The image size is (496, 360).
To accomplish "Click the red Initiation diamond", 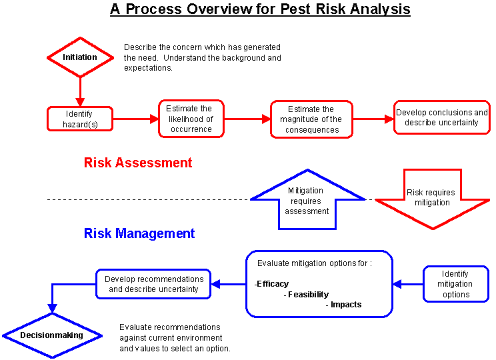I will [80, 57].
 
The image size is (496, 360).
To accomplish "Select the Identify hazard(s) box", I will [79, 119].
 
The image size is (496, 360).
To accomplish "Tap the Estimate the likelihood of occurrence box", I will [191, 119].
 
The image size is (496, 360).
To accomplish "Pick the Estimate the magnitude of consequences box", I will [311, 119].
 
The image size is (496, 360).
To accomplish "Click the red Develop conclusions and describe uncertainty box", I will [442, 117].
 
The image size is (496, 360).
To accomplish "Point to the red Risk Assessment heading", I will [138, 163].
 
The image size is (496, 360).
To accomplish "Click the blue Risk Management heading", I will [139, 233].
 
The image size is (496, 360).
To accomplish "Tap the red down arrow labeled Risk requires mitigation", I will [433, 197].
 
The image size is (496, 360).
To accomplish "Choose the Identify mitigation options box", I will [456, 284].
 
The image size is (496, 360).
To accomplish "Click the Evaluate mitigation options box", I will [319, 284].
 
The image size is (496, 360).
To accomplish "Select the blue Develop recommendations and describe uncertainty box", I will [154, 284].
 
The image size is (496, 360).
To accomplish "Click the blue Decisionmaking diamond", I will [51, 335].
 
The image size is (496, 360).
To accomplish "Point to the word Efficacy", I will [273, 284].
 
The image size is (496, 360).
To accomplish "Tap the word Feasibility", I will [308, 294].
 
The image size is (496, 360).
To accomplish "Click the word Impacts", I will [346, 305].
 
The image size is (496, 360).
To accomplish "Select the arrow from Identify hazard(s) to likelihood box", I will [135, 119].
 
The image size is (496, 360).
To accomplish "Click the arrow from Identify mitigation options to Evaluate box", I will [407, 285].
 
